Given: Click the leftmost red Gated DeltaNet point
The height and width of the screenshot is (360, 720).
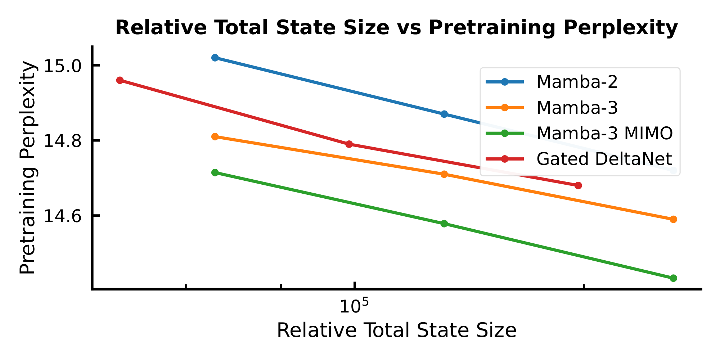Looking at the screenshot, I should click(120, 80).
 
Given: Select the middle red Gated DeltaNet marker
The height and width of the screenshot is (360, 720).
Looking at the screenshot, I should click(349, 144).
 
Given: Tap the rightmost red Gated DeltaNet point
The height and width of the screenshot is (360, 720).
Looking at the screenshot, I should click(578, 186).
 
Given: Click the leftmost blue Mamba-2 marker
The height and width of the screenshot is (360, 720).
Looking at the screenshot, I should click(215, 58).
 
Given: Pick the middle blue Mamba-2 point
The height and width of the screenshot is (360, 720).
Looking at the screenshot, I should click(444, 114).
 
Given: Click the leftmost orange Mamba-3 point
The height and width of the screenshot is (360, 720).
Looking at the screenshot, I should click(215, 137).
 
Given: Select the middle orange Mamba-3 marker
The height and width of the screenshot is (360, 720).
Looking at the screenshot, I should click(444, 174).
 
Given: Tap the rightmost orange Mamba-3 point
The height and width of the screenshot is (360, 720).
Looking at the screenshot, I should click(674, 219).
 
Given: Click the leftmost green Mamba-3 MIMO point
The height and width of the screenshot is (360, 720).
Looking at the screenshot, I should click(215, 172).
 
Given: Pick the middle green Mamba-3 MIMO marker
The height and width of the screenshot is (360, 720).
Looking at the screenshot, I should click(444, 224).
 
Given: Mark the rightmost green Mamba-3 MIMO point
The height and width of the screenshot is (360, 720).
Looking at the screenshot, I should click(674, 278).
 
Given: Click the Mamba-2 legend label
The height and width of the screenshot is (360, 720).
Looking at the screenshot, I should click(577, 82).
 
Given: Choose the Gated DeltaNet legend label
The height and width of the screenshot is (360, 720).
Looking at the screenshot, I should click(604, 159).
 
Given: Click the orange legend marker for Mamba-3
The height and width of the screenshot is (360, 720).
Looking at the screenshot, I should click(504, 108).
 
